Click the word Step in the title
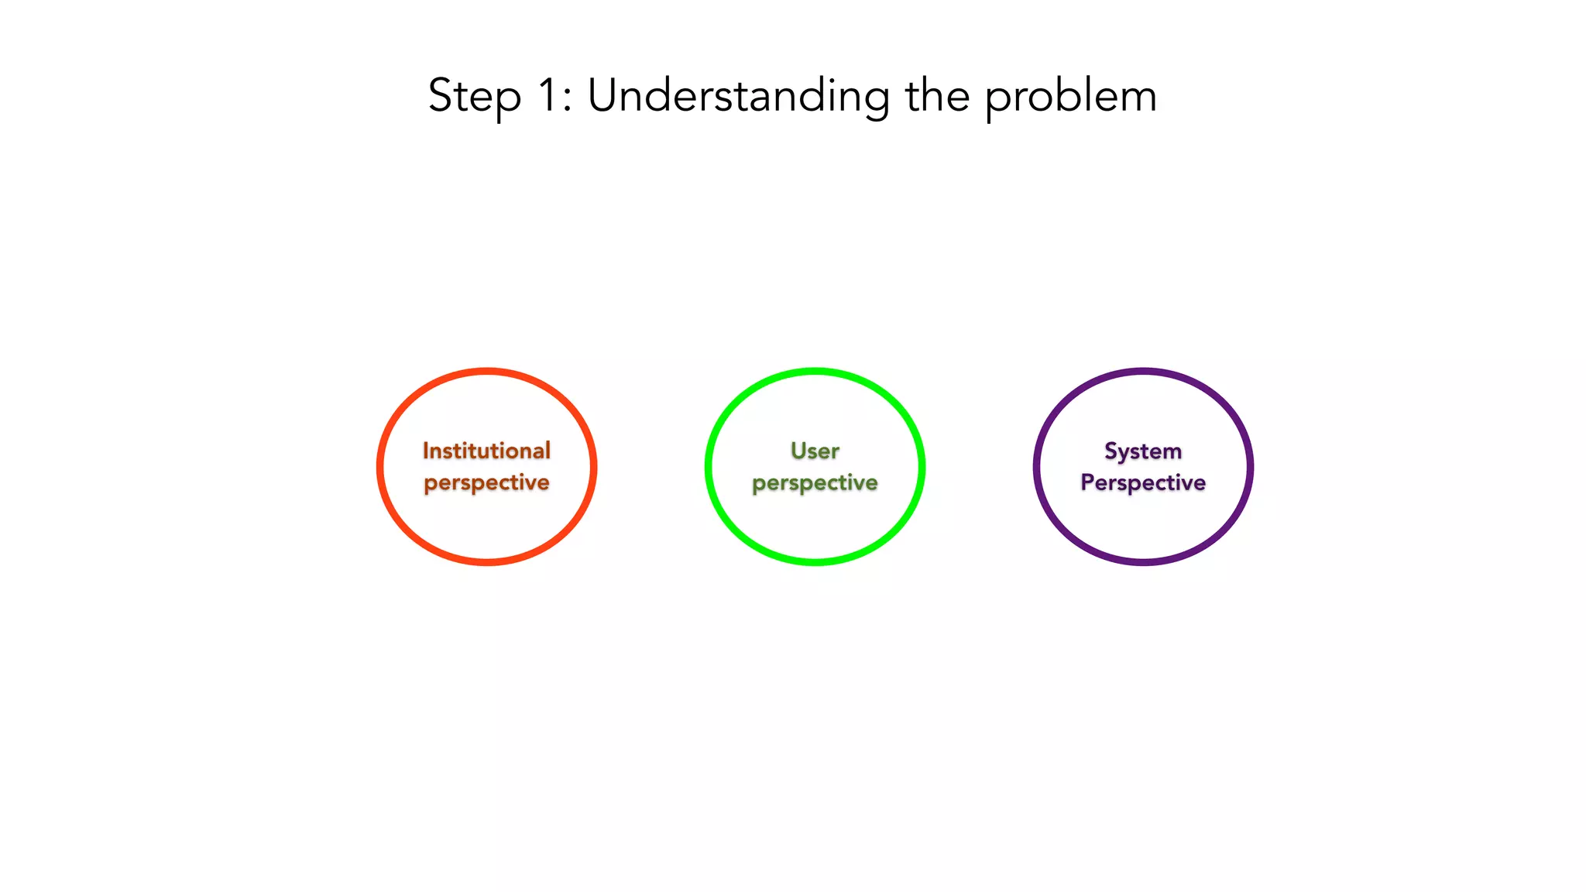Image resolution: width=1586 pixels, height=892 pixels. (474, 97)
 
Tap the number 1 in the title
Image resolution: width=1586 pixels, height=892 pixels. (547, 95)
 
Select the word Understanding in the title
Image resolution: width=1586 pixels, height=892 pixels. (738, 97)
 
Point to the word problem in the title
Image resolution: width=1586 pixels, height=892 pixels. (1071, 97)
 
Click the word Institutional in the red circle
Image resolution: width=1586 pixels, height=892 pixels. (486, 451)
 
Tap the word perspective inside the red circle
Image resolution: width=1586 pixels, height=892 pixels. (486, 483)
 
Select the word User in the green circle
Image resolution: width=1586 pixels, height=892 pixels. (815, 451)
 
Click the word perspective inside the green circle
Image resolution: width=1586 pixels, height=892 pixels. (815, 483)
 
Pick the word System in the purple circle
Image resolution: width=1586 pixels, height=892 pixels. (1143, 451)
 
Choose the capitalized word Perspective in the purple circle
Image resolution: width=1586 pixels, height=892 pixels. (1143, 482)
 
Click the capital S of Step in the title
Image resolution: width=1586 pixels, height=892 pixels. (440, 95)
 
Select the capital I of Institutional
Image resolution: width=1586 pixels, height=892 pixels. (425, 450)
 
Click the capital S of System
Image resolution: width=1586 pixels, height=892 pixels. (1111, 450)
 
